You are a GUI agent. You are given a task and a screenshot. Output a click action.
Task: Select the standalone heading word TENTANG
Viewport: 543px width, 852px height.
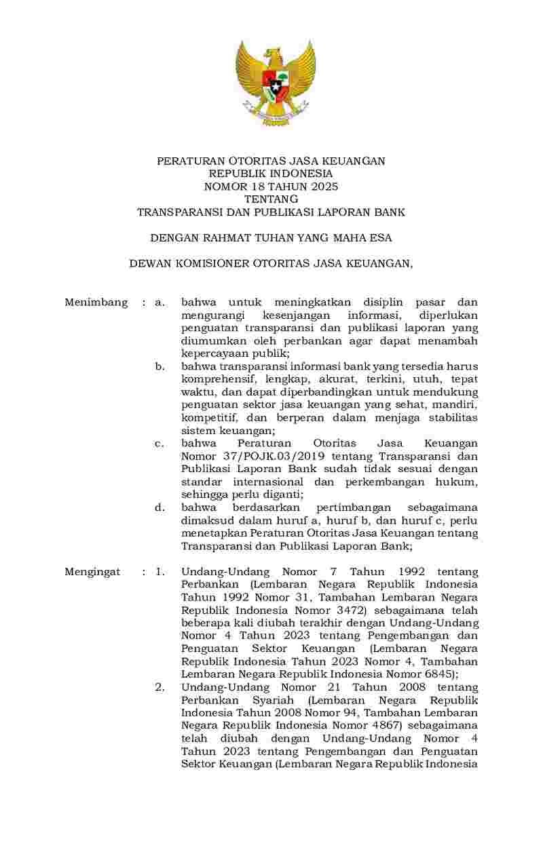tap(271, 199)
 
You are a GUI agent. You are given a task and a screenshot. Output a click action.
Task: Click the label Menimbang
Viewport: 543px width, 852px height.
tap(96, 303)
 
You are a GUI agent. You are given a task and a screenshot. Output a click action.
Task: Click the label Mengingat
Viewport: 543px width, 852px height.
tap(92, 572)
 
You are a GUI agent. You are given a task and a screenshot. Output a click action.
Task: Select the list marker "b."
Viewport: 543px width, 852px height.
tap(160, 366)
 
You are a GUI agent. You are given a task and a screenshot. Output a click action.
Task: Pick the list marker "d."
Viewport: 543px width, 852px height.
tap(160, 507)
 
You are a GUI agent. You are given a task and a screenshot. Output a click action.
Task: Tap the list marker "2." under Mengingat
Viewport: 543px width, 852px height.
tap(160, 687)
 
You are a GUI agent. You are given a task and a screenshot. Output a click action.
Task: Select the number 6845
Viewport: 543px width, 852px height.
tap(441, 674)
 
